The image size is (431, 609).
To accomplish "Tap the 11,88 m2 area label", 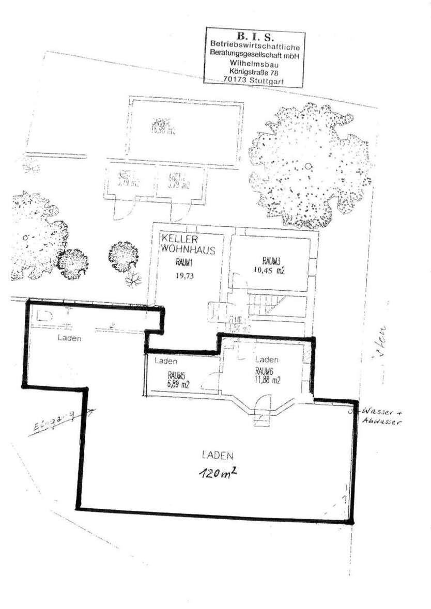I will (x=268, y=381).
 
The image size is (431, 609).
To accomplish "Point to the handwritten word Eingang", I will (x=52, y=421).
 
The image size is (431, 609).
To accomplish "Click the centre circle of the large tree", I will (x=308, y=165).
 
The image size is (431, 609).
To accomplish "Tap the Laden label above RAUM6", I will (x=267, y=360).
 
